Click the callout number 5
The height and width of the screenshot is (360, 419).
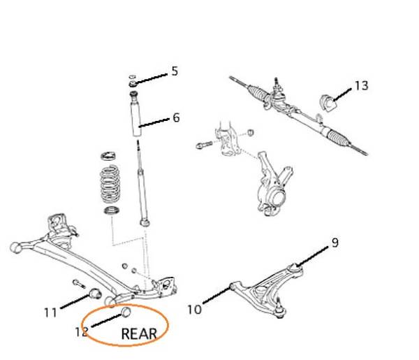tap(175, 71)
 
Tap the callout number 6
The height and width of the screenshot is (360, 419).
tap(176, 117)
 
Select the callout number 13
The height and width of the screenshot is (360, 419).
tap(361, 86)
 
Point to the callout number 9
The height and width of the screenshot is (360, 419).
tap(335, 243)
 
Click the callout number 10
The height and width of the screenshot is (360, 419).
tap(194, 310)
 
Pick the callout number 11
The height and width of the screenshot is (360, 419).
tap(50, 312)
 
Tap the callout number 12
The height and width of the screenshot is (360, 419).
tap(82, 332)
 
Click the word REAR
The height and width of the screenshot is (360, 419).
tap(139, 334)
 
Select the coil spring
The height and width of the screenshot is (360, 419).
tap(110, 184)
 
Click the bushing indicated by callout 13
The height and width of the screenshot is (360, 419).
tap(328, 103)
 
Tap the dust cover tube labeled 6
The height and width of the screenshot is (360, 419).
tap(136, 117)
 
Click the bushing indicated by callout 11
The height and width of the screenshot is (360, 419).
tap(94, 294)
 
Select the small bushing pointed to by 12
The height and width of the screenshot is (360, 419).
tap(126, 312)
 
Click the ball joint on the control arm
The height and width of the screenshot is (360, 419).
tap(279, 310)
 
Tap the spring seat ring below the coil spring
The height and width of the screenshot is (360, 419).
tap(112, 210)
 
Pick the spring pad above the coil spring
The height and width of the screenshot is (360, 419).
tap(108, 156)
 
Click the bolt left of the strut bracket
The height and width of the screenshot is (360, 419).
tap(204, 145)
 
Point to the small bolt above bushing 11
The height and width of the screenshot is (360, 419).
tap(79, 284)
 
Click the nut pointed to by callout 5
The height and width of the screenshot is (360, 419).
tap(133, 84)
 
